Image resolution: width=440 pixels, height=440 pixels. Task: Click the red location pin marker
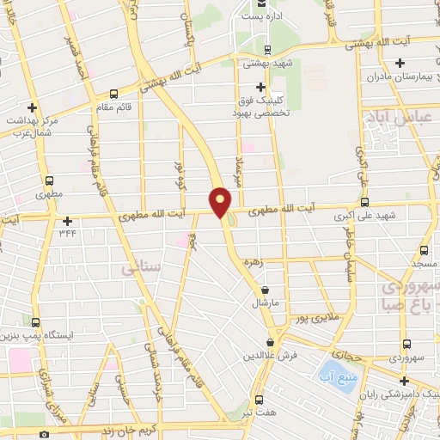click(x=221, y=199)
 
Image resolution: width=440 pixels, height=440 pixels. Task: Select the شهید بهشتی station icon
click(x=267, y=49)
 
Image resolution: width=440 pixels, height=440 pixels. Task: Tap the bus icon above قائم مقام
click(x=114, y=95)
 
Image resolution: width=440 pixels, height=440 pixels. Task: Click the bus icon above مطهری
click(x=48, y=181)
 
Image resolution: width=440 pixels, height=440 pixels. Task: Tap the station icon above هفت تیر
click(x=260, y=400)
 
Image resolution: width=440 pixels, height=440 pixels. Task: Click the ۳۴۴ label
click(x=68, y=233)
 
